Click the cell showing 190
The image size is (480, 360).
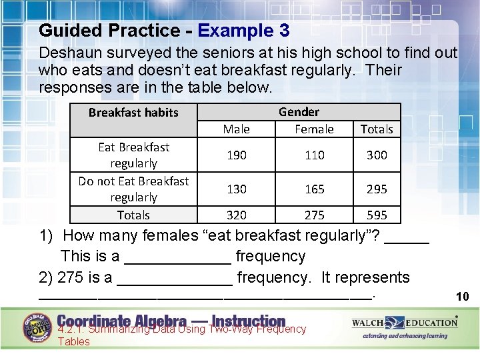click(x=237, y=155)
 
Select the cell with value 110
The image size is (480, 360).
click(x=315, y=155)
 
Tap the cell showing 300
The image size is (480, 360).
click(x=377, y=155)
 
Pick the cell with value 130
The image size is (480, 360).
click(x=237, y=189)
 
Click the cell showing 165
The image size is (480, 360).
click(x=315, y=189)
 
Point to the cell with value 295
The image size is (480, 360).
click(x=377, y=189)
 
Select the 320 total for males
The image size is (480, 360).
click(x=237, y=215)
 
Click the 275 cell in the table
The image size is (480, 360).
click(x=315, y=215)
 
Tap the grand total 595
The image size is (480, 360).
click(x=377, y=215)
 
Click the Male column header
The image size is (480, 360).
click(x=237, y=129)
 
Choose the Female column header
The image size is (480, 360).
click(x=315, y=129)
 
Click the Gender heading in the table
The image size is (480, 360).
click(x=299, y=112)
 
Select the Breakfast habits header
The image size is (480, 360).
click(x=133, y=113)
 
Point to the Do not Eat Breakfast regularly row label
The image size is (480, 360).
click(x=133, y=189)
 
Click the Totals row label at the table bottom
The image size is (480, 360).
click(x=133, y=215)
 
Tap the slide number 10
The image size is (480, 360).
click(x=462, y=297)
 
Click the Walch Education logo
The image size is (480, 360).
click(x=405, y=323)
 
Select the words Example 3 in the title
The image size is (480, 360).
click(x=244, y=31)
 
